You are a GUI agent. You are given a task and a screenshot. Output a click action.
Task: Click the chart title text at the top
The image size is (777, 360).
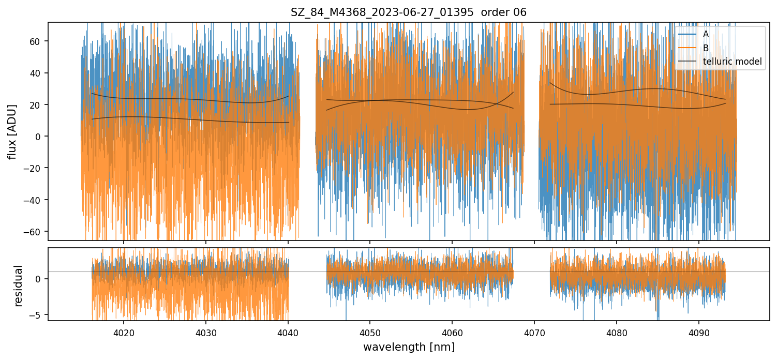(x=409, y=12)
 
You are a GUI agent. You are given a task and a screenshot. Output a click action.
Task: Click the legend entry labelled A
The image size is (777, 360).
(x=706, y=34)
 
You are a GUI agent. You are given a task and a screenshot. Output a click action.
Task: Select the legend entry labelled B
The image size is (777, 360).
(x=706, y=48)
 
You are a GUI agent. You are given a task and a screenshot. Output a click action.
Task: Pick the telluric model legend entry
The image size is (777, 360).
(x=732, y=62)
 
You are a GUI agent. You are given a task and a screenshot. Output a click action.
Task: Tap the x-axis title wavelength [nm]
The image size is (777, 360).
(x=409, y=347)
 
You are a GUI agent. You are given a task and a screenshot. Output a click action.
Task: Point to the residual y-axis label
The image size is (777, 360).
(x=19, y=286)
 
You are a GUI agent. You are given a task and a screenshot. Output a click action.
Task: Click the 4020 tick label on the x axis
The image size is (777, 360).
(x=123, y=333)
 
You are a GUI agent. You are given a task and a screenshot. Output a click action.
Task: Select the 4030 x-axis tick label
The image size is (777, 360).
(x=205, y=333)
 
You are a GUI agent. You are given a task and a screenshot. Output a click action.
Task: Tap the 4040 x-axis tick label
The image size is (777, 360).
(x=288, y=333)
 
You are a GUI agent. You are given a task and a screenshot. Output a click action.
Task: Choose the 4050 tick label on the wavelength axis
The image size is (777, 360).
(x=370, y=333)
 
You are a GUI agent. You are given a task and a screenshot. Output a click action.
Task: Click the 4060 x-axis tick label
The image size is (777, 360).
(x=452, y=333)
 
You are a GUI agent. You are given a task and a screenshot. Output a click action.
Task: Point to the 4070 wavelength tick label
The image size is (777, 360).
(x=534, y=333)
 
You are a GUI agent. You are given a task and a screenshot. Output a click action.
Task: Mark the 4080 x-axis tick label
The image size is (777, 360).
(x=617, y=333)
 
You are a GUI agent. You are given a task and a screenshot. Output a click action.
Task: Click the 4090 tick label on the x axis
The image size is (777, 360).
(x=699, y=333)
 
